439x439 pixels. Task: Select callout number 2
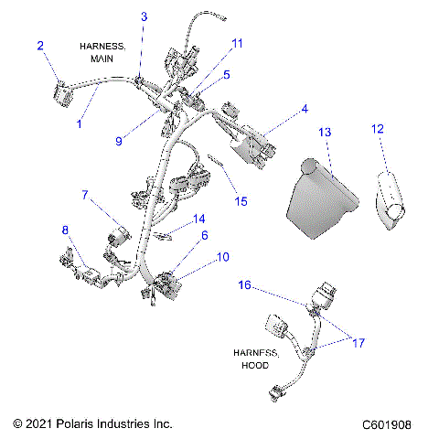coord(39,45)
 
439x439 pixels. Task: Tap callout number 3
coord(144,17)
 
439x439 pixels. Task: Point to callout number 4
coord(305,110)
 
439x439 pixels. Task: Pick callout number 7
coord(85,195)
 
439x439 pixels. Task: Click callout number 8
coord(65,229)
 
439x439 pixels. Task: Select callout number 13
coord(324,133)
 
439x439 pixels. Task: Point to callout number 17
coord(359,343)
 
